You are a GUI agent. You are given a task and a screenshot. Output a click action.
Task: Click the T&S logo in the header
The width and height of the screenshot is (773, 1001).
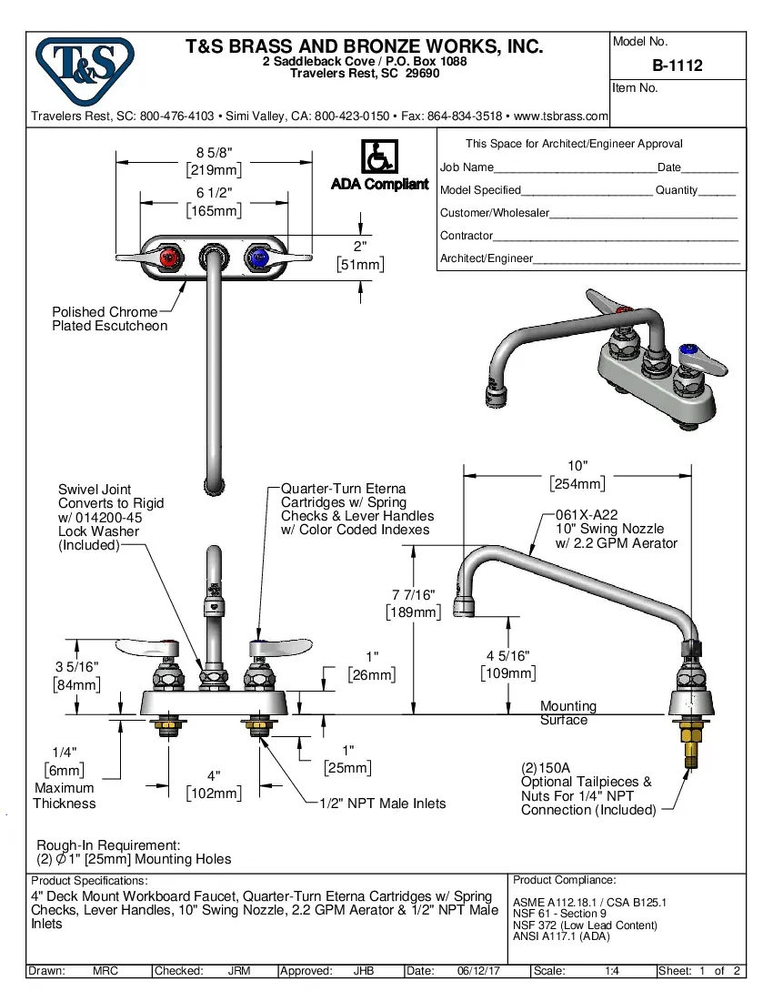tap(84, 69)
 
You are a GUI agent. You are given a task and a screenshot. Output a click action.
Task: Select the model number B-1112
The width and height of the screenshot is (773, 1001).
tap(678, 66)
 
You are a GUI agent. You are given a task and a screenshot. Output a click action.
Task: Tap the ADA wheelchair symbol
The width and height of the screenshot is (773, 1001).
tap(379, 157)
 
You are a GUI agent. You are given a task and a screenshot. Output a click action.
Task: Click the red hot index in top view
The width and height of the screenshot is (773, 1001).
tap(168, 259)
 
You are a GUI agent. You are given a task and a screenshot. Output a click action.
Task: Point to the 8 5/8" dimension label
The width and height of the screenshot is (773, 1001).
tap(215, 152)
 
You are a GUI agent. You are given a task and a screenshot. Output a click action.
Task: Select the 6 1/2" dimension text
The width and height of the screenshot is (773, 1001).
tap(215, 192)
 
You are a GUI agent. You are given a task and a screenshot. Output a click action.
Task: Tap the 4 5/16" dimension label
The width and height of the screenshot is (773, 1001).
tap(507, 656)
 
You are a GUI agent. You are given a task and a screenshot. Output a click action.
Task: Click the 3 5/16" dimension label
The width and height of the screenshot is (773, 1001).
tap(76, 667)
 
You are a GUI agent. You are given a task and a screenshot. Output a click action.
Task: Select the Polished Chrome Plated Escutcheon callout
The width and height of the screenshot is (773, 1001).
tap(109, 318)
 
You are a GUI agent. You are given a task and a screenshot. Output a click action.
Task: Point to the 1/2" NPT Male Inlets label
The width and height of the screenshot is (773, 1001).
tap(382, 803)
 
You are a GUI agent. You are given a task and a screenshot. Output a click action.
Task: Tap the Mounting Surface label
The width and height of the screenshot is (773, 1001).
tap(567, 713)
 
